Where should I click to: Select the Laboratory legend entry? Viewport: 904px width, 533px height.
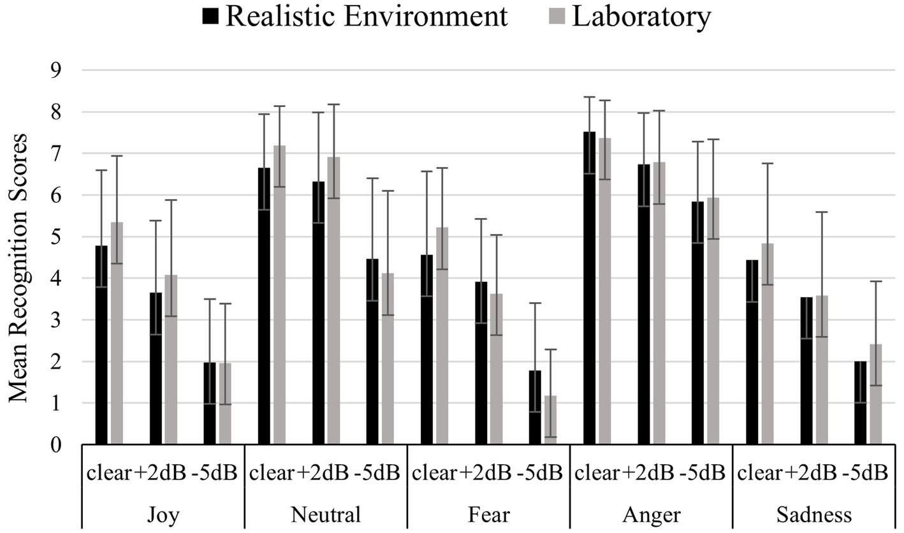click(641, 17)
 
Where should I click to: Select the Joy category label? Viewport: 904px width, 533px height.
click(163, 514)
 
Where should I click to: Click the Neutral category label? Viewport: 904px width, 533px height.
click(325, 514)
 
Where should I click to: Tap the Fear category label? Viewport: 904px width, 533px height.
click(488, 514)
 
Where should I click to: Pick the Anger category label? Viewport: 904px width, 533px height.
click(650, 514)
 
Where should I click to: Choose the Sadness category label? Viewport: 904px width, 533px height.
click(813, 514)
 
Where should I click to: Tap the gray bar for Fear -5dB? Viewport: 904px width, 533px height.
click(550, 420)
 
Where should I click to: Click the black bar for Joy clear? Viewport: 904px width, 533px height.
click(101, 345)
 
